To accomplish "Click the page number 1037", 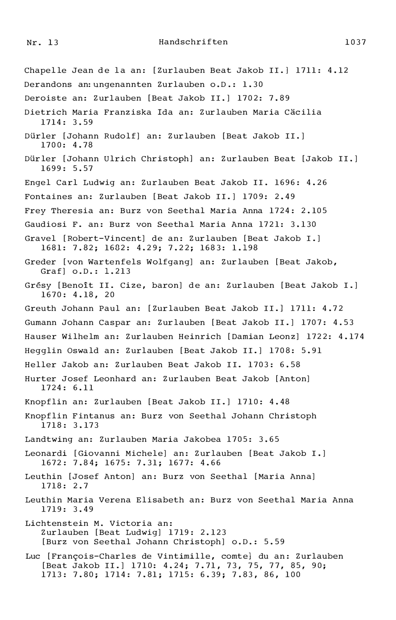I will [x=355, y=42].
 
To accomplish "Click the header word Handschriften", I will [x=193, y=42].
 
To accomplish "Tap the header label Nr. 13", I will [x=43, y=43].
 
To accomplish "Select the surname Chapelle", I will [x=45, y=70].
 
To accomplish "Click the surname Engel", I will [x=38, y=183].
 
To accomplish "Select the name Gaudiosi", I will [x=45, y=225].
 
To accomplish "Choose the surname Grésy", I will [x=38, y=286].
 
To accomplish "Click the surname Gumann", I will [x=40, y=323].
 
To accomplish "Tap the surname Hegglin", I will [x=43, y=351].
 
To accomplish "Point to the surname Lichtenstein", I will [x=56, y=523].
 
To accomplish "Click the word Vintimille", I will [x=186, y=556].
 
